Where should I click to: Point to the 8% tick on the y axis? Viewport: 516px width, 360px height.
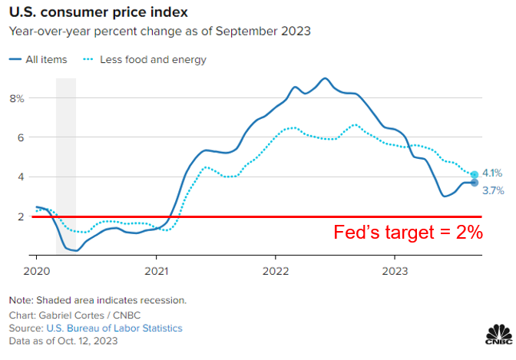[16, 98]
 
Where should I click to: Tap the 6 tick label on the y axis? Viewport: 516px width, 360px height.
[21, 137]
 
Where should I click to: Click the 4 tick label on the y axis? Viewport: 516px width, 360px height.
[21, 177]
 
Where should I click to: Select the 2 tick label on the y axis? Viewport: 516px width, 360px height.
[21, 216]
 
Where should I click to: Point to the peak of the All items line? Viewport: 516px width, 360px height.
[325, 78]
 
